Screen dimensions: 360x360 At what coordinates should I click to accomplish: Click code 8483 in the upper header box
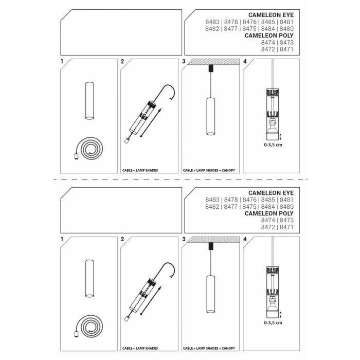(212, 22)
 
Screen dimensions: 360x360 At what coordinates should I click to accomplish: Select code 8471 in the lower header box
(286, 227)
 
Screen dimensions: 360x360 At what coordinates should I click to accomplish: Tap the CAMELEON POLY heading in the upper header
(269, 35)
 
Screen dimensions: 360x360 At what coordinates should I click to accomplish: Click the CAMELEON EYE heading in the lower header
(271, 193)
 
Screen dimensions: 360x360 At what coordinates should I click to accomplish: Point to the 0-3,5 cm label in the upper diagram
(273, 145)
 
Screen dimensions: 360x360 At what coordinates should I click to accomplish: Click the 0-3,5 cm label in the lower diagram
(273, 322)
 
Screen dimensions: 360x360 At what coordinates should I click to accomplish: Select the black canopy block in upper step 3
(211, 68)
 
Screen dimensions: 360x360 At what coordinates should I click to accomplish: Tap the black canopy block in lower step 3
(211, 246)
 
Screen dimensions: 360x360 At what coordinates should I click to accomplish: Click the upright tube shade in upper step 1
(89, 101)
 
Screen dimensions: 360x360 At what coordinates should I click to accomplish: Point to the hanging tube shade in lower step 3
(210, 294)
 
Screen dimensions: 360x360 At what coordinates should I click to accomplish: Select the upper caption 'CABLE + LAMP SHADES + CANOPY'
(209, 170)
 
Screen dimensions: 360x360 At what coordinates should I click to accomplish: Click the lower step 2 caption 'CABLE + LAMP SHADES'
(140, 348)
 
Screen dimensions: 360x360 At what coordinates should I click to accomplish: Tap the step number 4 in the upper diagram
(245, 62)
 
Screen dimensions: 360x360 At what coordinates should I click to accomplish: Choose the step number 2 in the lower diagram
(122, 239)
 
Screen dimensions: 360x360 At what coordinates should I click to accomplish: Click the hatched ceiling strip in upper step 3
(213, 62)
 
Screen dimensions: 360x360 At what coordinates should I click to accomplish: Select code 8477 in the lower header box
(231, 207)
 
